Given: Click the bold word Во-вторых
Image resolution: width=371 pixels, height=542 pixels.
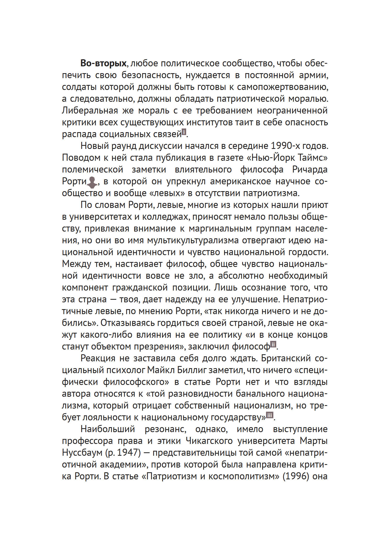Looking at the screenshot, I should (x=103, y=63).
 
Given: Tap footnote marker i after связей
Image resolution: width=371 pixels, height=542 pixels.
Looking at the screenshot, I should (x=184, y=132).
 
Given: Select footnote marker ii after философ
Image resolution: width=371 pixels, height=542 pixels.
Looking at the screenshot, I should (x=273, y=344).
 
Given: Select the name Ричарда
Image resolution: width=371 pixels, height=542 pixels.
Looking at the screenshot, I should (x=310, y=170).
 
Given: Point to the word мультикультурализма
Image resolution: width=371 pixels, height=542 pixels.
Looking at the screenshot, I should (x=193, y=240).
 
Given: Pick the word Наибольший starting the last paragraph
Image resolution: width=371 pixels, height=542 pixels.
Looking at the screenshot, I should (x=108, y=429).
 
